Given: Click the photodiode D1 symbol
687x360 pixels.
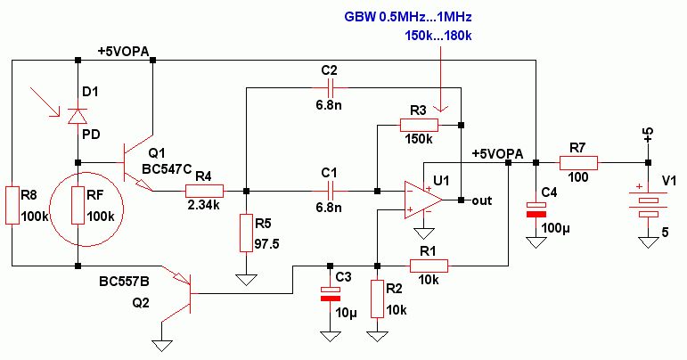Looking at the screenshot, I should point(78,115).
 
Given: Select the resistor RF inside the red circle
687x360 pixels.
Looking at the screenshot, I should point(78,204).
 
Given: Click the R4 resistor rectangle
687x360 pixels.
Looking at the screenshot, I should point(203,190).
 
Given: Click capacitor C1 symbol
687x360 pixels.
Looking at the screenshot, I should point(331,190).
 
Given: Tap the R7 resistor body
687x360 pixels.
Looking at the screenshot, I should point(578,163).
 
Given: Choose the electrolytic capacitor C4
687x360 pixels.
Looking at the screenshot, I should point(536,209).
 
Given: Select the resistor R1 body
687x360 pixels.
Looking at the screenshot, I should point(429,264).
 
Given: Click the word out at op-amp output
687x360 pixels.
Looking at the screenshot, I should point(482,200).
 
